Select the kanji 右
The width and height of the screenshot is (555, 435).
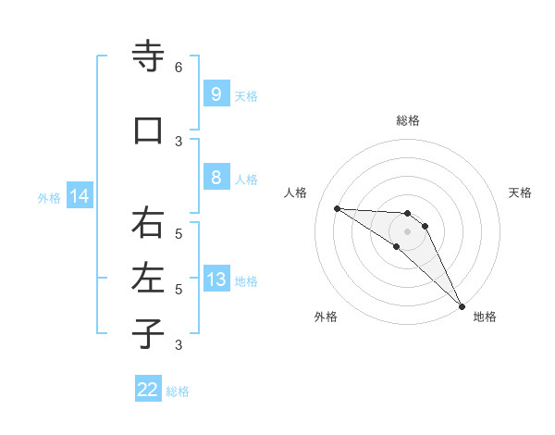(x=148, y=223)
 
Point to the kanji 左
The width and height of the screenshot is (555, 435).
(x=148, y=277)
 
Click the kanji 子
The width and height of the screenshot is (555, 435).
(x=148, y=333)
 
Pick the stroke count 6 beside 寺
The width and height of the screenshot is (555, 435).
(x=179, y=68)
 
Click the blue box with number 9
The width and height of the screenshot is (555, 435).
(x=216, y=94)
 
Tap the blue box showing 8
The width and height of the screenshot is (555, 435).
(x=216, y=179)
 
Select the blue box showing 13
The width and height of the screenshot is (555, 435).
(x=216, y=280)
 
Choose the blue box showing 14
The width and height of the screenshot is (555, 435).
(x=80, y=196)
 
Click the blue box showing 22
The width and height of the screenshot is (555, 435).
(x=148, y=390)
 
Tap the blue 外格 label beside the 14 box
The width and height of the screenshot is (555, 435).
(x=49, y=198)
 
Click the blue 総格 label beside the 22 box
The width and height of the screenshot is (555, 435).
(x=178, y=391)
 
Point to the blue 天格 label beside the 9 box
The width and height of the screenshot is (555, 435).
(x=246, y=96)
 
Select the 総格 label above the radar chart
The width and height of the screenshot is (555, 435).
(x=408, y=120)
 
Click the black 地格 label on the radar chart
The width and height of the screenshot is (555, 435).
(x=485, y=317)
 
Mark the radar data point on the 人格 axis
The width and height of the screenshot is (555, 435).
(x=337, y=208)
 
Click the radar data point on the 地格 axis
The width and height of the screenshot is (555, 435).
(x=462, y=306)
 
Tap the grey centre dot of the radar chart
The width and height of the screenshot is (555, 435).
(x=408, y=231)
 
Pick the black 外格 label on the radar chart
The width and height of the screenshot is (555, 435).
(x=326, y=317)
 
